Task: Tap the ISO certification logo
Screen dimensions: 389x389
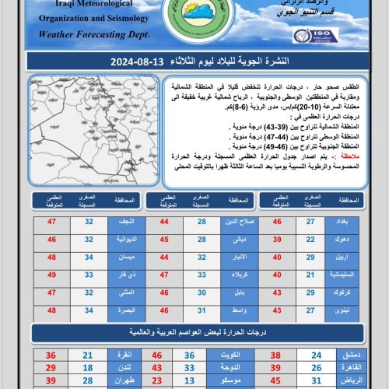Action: click(315, 35)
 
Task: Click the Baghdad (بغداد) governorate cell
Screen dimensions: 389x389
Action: click(342, 223)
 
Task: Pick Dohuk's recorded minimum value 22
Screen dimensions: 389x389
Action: click(310, 240)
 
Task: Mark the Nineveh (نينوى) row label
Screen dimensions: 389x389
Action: click(342, 310)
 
